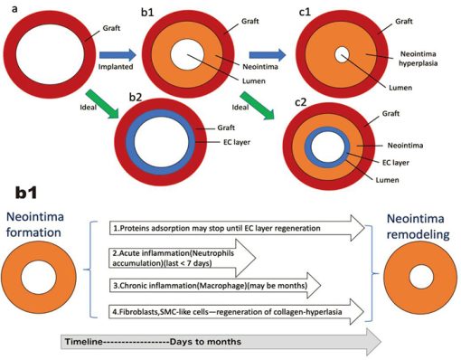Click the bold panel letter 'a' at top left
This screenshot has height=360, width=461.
click(x=6, y=10)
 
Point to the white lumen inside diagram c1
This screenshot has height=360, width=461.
click(x=341, y=55)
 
